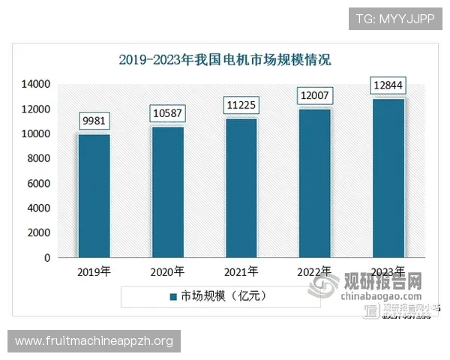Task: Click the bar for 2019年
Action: click(94, 196)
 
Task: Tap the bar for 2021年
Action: click(241, 188)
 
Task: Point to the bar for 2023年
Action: click(389, 178)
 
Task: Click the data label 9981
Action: click(94, 120)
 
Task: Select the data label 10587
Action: click(168, 113)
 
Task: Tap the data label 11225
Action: click(241, 106)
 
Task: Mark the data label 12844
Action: click(389, 85)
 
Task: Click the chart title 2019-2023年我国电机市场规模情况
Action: click(225, 59)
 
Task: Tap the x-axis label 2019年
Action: click(94, 271)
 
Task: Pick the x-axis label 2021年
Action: click(241, 271)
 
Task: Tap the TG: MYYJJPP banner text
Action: click(395, 18)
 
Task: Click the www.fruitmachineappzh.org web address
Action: click(94, 341)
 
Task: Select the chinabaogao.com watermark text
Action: click(380, 298)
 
